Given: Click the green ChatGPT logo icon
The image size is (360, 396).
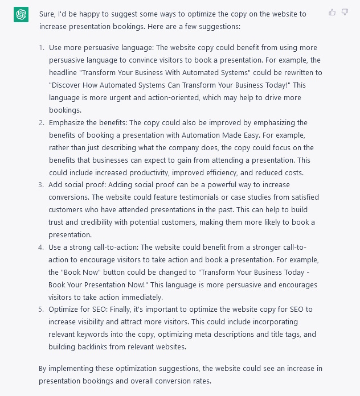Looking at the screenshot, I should (x=21, y=15).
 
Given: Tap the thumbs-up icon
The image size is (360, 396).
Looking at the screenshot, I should (x=332, y=12).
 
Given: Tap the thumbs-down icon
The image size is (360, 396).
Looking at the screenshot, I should (x=345, y=12).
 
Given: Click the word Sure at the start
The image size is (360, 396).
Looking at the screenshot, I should (x=48, y=14).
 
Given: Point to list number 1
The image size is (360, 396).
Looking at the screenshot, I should (x=42, y=47).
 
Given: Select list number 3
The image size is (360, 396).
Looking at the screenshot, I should (x=42, y=185).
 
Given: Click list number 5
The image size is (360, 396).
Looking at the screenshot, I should (x=42, y=310).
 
